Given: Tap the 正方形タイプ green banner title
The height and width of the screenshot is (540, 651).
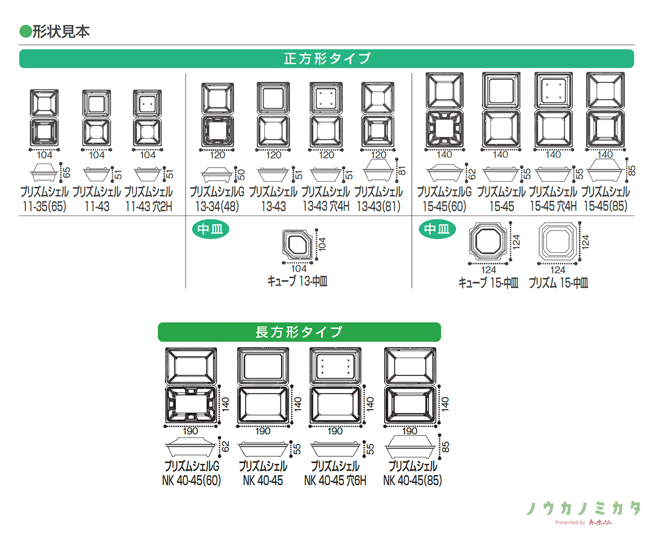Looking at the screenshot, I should point(327,59).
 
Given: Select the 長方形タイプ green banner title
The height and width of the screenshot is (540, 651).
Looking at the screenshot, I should point(299,332).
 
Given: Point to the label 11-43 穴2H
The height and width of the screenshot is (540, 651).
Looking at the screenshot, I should point(149,207).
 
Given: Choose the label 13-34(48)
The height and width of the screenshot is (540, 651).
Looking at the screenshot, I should point(216,207).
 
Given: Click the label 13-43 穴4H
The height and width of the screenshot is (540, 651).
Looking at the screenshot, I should point(326,207).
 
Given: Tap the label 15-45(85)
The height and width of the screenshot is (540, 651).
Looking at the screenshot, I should point(605,207).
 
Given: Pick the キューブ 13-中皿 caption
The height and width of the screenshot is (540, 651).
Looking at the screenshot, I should point(297,281).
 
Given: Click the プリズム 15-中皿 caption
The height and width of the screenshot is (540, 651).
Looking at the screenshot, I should point(558,282).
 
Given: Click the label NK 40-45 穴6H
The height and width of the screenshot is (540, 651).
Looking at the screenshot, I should point(335,480).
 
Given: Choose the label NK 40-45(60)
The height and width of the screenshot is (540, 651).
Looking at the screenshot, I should point(192,480).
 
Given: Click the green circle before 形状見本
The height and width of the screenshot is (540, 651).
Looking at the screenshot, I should point(25,31).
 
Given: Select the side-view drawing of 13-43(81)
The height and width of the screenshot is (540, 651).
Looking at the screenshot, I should point(379,170).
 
